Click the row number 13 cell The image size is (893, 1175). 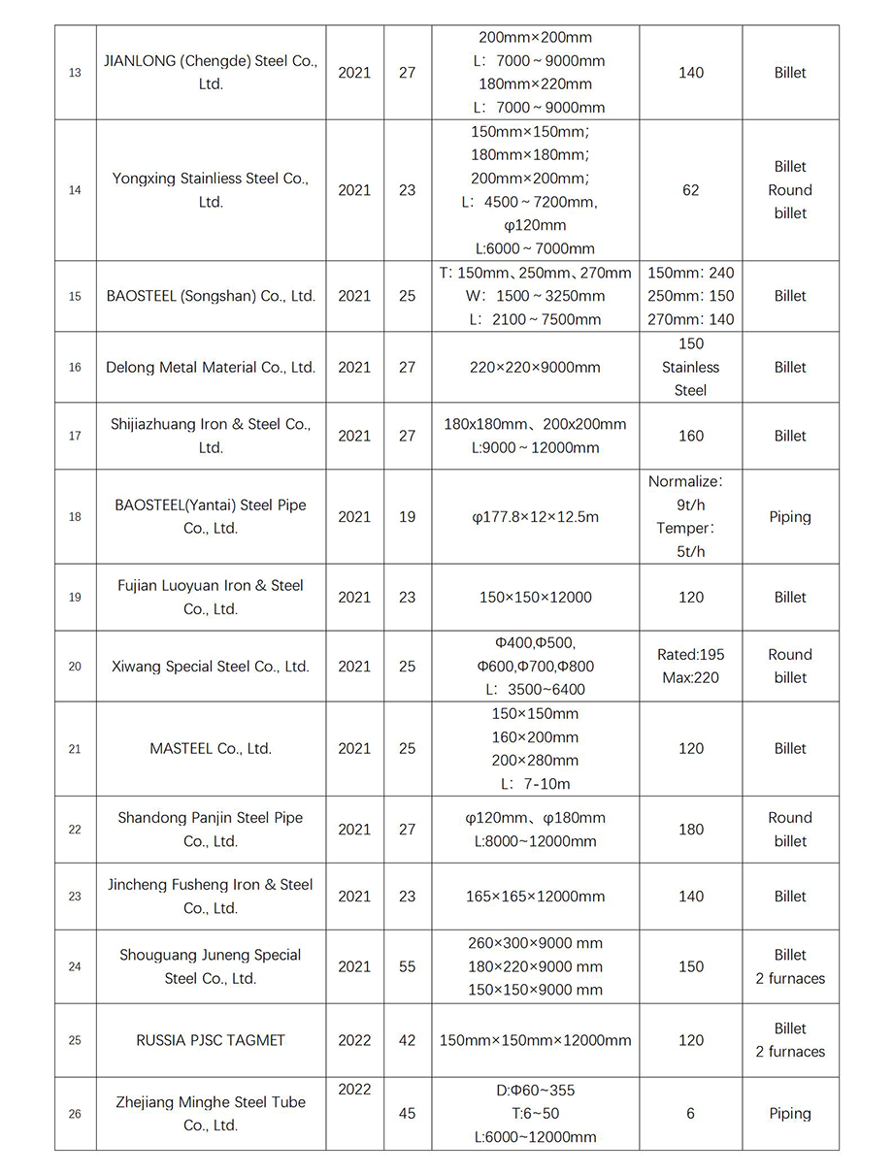[75, 73]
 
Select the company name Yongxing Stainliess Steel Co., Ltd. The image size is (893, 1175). [211, 190]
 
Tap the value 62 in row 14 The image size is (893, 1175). [690, 190]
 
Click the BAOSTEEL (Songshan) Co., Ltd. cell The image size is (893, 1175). [211, 296]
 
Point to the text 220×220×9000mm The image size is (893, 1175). [535, 368]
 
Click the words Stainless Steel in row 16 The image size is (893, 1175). [690, 378]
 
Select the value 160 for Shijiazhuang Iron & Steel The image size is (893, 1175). [690, 437]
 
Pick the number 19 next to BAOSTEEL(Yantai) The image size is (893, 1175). [407, 517]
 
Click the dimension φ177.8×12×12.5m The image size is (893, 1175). [535, 517]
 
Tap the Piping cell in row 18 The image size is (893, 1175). [789, 517]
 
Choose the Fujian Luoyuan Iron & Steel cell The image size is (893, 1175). [211, 598]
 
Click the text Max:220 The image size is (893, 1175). [690, 678]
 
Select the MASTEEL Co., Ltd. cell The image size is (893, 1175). [211, 749]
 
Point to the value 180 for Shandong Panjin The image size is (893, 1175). [690, 830]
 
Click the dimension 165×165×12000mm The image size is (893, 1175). [535, 897]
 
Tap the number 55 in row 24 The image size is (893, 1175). [407, 966]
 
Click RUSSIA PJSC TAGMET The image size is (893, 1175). [211, 1040]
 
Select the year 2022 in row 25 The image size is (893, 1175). [354, 1040]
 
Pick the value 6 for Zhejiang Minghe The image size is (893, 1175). [690, 1114]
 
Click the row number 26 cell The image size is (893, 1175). [75, 1114]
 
